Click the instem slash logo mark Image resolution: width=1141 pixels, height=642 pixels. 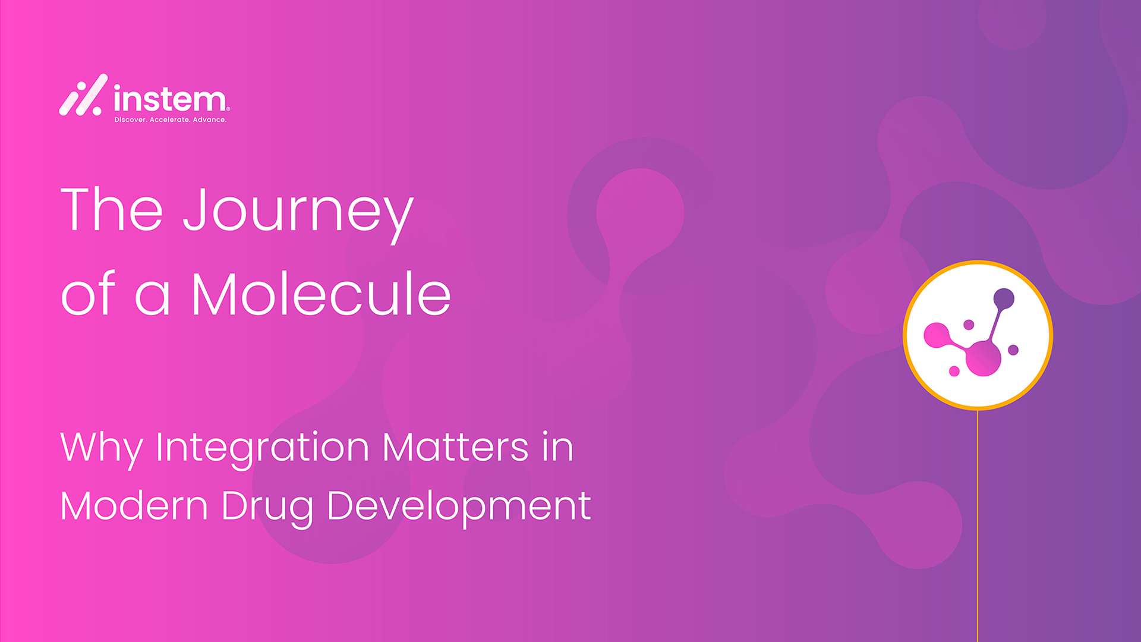83,95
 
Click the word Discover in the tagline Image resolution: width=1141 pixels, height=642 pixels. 130,120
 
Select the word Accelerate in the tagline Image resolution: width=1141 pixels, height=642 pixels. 170,120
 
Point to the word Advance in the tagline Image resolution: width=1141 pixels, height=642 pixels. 210,120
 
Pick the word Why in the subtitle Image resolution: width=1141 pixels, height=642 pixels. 101,449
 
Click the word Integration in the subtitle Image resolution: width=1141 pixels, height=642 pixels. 262,449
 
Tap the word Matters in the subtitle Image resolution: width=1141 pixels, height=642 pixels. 455,446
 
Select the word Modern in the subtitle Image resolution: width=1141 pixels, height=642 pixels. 134,506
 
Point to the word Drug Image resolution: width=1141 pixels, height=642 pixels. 267,509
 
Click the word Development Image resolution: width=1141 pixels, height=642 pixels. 459,509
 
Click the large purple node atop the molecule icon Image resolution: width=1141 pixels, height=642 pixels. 1004,298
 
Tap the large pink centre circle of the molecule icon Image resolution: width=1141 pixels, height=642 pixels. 984,358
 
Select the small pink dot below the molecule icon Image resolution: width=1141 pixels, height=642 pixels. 954,372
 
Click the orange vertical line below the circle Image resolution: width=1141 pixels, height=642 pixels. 978,526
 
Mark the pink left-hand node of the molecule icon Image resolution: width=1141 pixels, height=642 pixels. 936,335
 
